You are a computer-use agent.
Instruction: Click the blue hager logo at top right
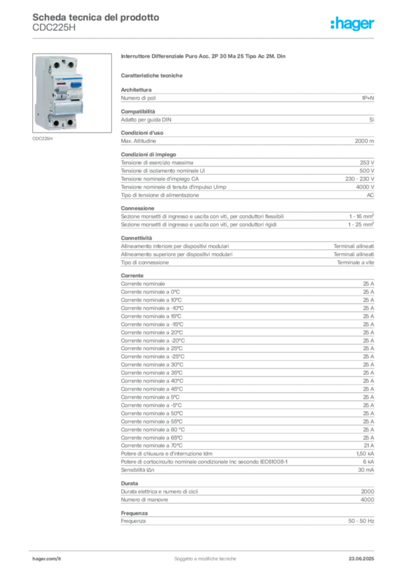tap(353, 24)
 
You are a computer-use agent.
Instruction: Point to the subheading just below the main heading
tap(154, 75)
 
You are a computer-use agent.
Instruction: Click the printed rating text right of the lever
tap(75, 95)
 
